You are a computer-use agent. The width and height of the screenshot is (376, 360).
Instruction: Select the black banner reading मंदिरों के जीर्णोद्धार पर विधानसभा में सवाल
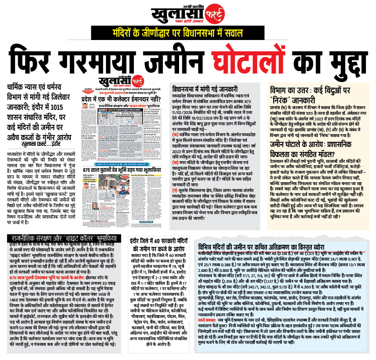point(188,32)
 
